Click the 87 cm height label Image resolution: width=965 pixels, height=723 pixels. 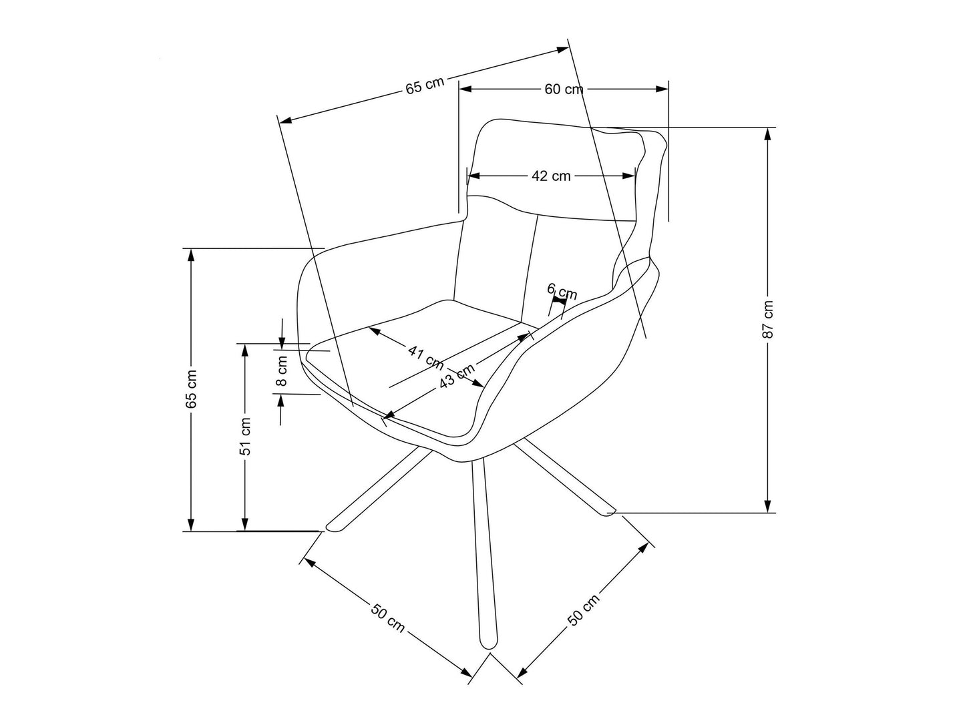(x=769, y=319)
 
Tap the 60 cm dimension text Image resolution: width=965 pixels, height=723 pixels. (x=563, y=89)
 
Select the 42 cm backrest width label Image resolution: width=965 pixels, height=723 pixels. (x=551, y=176)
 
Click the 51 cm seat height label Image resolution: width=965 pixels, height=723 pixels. (x=246, y=436)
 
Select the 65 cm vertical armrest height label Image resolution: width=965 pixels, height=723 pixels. (x=192, y=389)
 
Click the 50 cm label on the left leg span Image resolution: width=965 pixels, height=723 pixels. (x=388, y=618)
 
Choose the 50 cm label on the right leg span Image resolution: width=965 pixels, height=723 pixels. (x=584, y=610)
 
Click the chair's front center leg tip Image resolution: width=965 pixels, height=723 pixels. (x=488, y=644)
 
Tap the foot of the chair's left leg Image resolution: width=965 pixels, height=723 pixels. (x=333, y=527)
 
